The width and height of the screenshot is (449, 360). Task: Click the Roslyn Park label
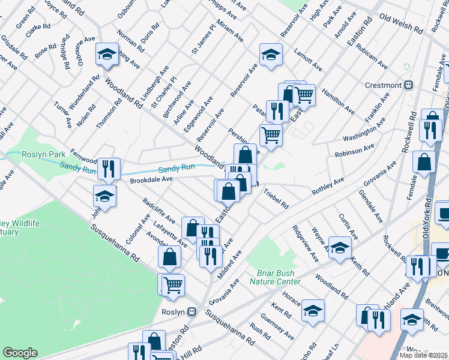(43, 154)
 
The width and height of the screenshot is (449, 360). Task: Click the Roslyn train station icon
(192, 312)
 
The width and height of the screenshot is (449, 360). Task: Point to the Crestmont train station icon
(408, 85)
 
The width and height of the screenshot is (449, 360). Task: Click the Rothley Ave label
(327, 185)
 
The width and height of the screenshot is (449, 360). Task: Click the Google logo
(20, 353)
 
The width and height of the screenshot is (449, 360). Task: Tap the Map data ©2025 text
(423, 355)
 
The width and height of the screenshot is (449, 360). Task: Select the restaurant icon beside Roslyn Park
(109, 169)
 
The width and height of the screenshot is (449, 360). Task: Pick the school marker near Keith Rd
(340, 248)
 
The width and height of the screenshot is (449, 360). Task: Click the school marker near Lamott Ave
(271, 55)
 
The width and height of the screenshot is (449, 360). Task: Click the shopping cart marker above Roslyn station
(173, 284)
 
